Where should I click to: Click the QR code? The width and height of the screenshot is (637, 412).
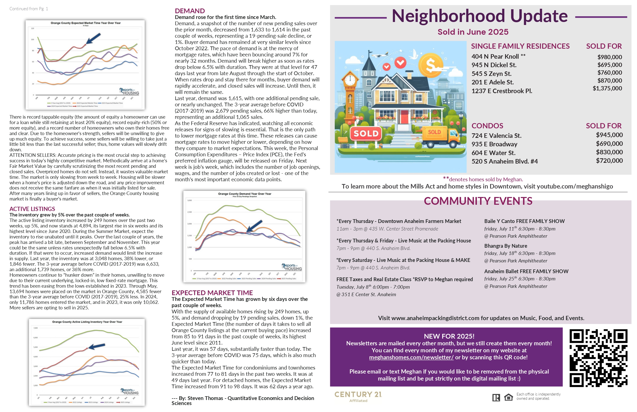tap(598, 358)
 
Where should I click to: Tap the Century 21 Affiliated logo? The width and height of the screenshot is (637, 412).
tap(358, 396)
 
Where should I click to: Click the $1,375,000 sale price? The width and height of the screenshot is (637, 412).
tap(607, 88)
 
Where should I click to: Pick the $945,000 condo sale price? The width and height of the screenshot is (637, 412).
tap(609, 135)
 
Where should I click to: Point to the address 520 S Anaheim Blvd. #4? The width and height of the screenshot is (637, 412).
tap(504, 161)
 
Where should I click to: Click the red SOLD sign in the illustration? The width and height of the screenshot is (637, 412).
tap(366, 134)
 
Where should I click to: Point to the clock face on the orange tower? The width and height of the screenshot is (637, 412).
tap(349, 80)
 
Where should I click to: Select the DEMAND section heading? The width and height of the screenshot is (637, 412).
tap(190, 11)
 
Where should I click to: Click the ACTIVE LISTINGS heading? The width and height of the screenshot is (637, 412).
tap(32, 209)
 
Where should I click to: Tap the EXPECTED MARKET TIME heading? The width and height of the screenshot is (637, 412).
tap(212, 293)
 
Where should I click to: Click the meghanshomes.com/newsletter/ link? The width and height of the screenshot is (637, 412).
tap(411, 357)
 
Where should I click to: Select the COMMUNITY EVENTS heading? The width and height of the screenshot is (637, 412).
tap(478, 201)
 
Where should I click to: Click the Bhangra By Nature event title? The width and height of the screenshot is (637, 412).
tap(505, 246)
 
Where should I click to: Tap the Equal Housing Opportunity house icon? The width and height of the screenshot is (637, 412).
tap(508, 398)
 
